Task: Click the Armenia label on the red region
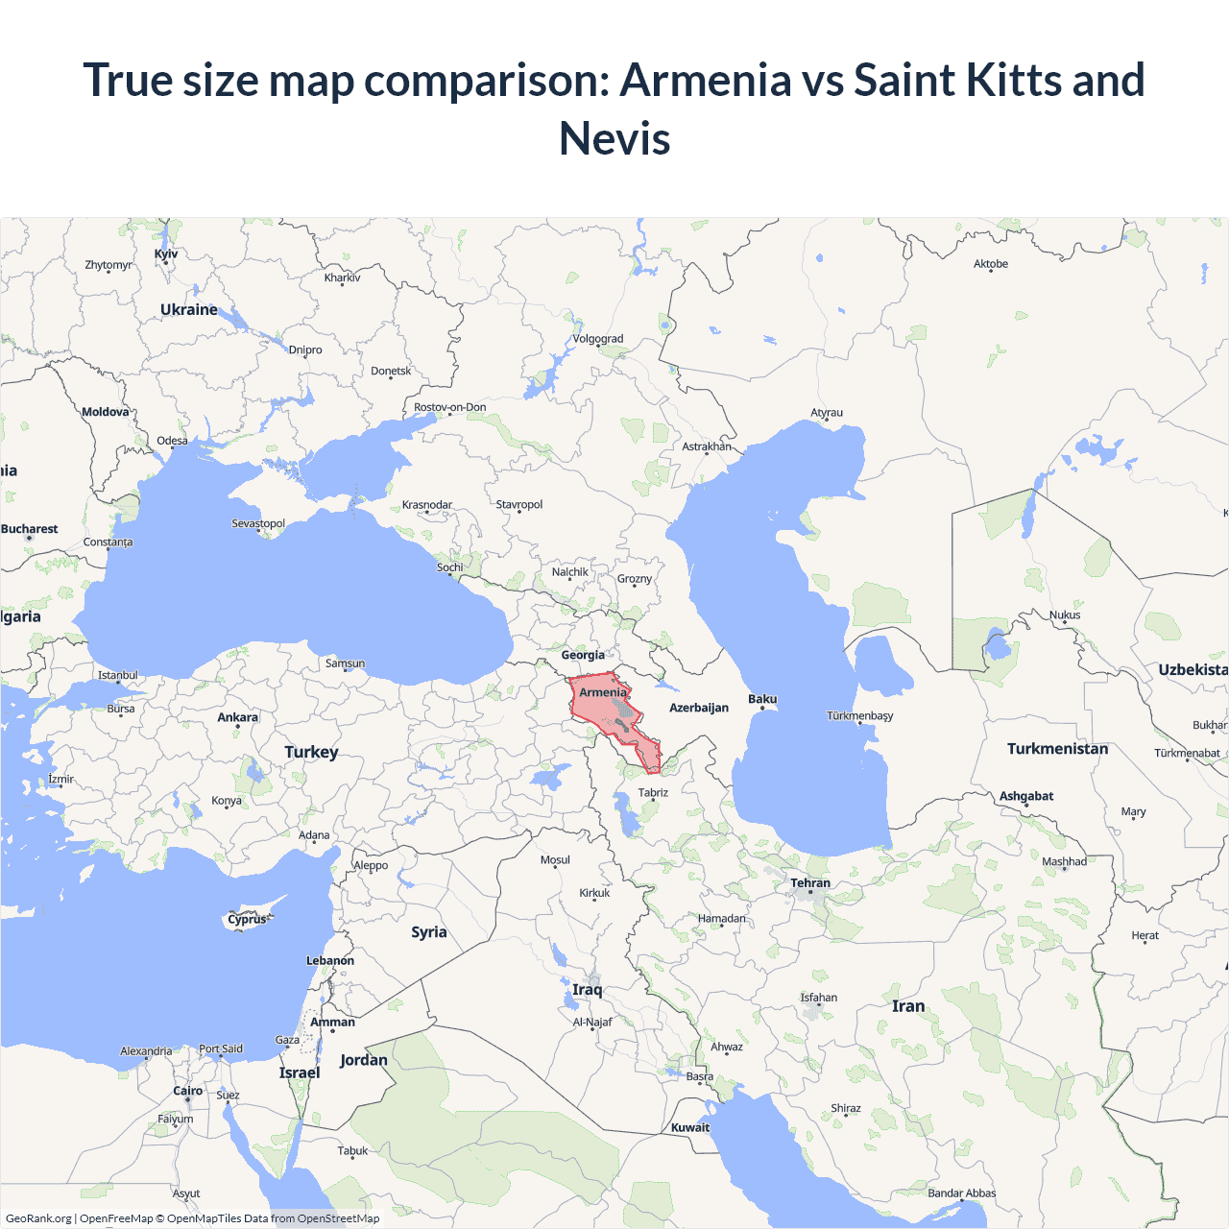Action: point(603,692)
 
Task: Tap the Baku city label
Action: point(762,699)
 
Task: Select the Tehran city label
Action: point(810,883)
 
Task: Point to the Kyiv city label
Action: point(166,254)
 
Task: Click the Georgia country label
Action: point(583,655)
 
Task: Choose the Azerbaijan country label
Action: point(699,708)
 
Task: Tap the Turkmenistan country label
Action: point(1057,749)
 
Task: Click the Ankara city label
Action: point(237,717)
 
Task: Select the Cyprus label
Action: point(247,919)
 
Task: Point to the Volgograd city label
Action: point(597,339)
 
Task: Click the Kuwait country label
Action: point(690,1127)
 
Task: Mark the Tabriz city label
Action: point(653,793)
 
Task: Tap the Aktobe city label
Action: point(991,264)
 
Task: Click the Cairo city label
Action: point(188,1091)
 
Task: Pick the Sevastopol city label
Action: point(258,523)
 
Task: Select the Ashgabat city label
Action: point(1026,796)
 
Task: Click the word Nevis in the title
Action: point(614,138)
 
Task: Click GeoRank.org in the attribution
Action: point(38,1218)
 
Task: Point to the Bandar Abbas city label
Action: point(961,1193)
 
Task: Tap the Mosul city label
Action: point(555,860)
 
